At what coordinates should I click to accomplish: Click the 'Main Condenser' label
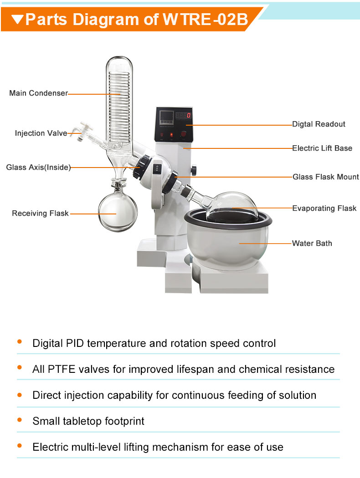(x=38, y=93)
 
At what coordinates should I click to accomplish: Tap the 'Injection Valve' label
(x=41, y=133)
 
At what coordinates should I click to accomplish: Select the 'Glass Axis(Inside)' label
(x=38, y=168)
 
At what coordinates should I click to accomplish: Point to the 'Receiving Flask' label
(x=40, y=213)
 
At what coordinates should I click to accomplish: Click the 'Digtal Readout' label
(x=319, y=124)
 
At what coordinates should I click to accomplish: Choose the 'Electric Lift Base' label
(x=322, y=148)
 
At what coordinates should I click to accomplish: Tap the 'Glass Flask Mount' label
(x=325, y=177)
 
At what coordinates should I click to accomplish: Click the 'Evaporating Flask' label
(x=324, y=208)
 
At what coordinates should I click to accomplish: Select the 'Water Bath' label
(x=312, y=244)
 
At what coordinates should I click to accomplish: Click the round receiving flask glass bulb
(x=118, y=212)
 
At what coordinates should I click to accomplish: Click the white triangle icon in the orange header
(x=17, y=19)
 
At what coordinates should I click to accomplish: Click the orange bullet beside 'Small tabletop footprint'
(x=20, y=420)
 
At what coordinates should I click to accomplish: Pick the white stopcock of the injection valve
(x=84, y=129)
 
